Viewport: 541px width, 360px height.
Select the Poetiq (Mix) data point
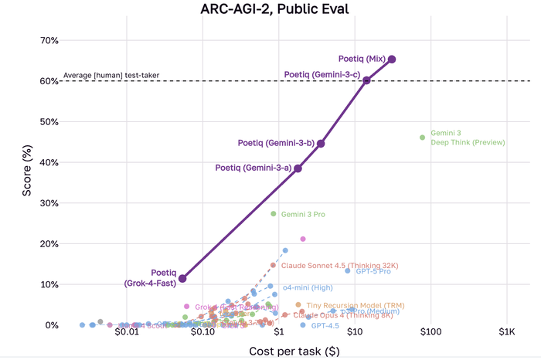392,59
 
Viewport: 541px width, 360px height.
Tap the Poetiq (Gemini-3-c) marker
367,80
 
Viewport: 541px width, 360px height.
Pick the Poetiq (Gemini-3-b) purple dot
321,144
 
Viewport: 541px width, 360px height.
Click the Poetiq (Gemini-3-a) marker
298,168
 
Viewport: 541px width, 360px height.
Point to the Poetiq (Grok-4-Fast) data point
182,278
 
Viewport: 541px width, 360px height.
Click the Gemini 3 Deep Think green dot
422,138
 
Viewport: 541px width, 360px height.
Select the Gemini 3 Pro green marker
274,213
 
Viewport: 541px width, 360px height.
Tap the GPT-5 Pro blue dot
348,271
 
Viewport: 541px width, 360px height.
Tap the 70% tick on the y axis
49,40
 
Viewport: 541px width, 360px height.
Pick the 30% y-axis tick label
49,203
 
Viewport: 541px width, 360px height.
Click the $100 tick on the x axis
430,333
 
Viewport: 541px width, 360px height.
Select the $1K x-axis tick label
506,333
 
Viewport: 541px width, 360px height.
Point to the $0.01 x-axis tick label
127,333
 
